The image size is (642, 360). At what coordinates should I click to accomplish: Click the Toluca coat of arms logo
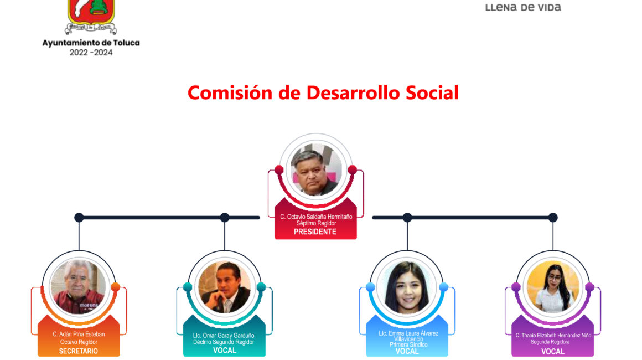91,17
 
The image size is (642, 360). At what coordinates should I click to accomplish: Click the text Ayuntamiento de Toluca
91,43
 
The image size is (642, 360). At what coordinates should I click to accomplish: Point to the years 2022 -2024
91,53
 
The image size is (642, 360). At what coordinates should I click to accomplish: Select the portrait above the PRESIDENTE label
315,169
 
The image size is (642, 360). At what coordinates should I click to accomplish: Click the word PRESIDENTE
315,232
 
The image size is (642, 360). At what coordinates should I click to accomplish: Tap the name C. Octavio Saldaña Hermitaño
315,217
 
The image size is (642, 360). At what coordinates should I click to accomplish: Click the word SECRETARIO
79,351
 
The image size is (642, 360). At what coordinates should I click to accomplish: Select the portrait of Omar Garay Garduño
224,287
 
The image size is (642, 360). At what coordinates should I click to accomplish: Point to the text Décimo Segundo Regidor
224,342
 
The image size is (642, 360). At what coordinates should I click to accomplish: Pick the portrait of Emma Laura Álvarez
407,287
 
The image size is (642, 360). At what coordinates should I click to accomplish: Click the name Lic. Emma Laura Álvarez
408,333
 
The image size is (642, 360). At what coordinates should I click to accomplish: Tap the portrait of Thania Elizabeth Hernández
553,287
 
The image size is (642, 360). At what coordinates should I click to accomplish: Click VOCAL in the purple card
553,351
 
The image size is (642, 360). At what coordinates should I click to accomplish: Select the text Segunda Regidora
550,342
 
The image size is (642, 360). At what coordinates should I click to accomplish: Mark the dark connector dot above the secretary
79,218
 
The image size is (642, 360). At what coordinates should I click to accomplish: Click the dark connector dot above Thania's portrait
553,218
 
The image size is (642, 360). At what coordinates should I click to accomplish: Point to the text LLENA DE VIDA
523,7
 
